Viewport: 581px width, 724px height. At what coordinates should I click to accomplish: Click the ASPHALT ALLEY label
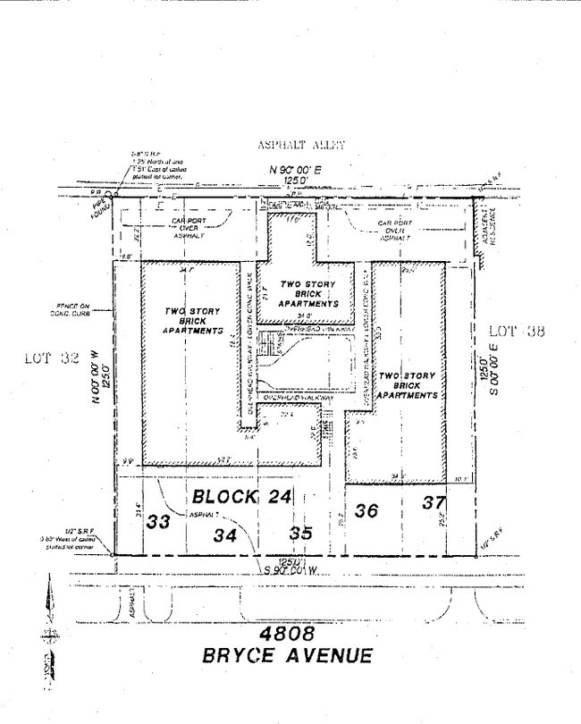pos(300,145)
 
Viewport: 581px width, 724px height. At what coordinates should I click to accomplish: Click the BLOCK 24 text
pos(239,496)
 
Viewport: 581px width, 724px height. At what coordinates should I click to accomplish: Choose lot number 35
pos(301,535)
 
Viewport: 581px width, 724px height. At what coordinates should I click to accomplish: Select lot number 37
pos(434,503)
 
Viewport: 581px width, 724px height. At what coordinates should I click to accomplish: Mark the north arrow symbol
pos(46,635)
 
